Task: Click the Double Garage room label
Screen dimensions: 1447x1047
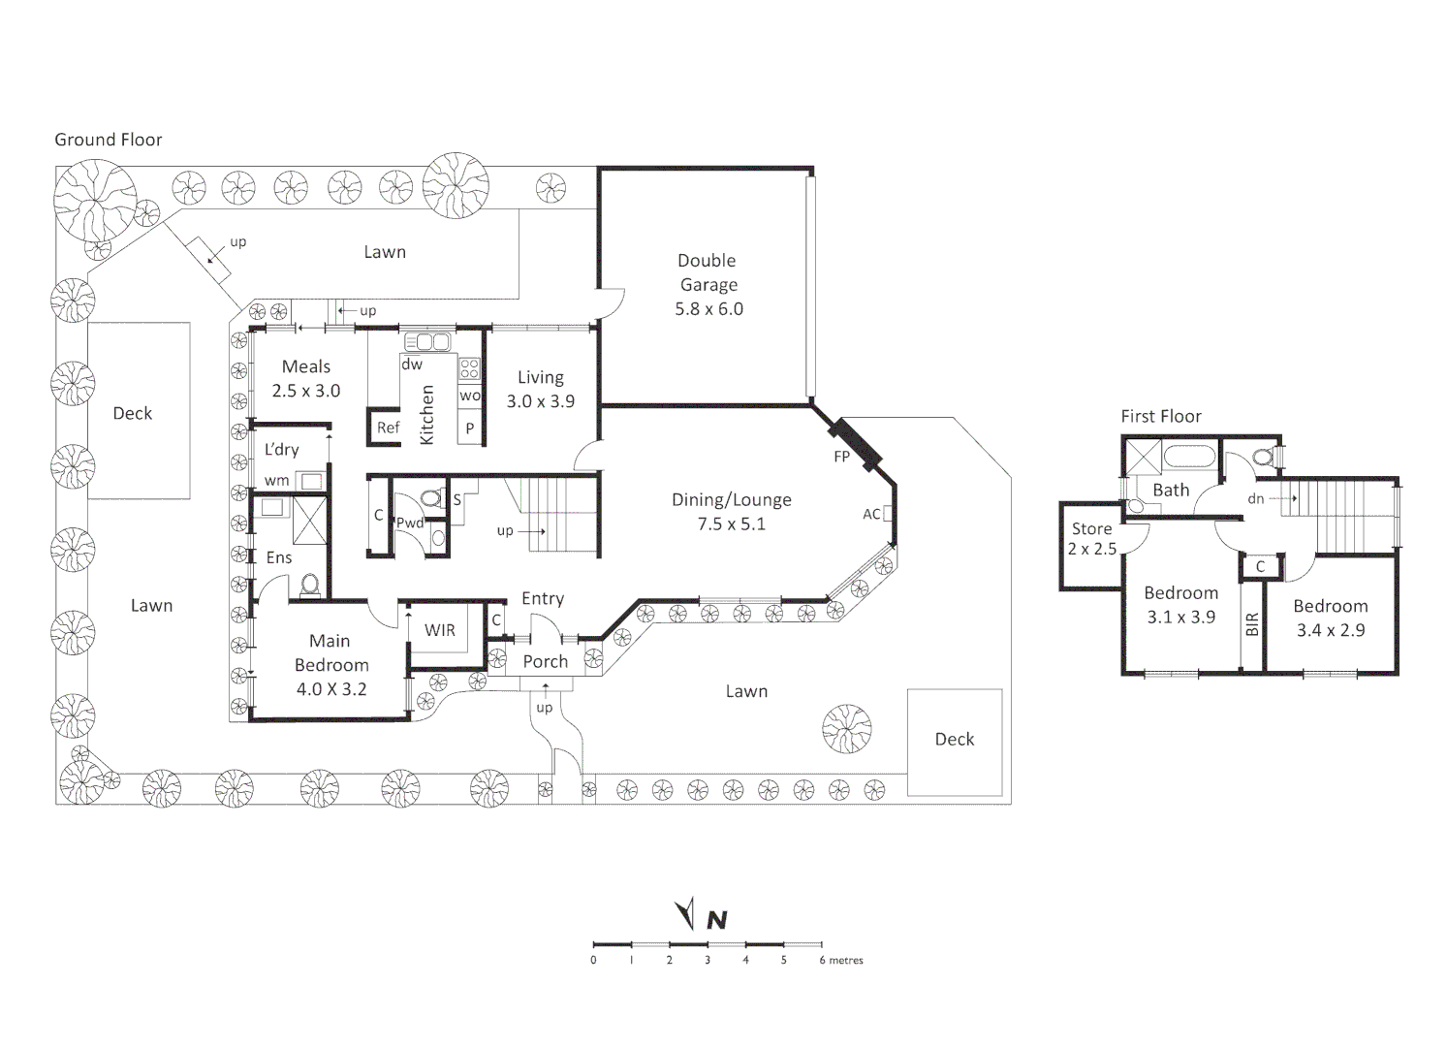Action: click(x=708, y=284)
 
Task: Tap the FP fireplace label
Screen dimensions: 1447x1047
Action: click(x=841, y=457)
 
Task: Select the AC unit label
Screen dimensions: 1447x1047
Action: click(x=870, y=514)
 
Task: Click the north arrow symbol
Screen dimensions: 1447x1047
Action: click(x=686, y=913)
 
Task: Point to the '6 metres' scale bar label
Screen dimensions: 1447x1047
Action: click(x=841, y=961)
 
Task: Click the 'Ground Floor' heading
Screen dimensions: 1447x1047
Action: click(x=108, y=140)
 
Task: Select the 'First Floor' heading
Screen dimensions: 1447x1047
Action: click(x=1161, y=416)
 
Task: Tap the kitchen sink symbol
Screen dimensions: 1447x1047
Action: click(x=427, y=341)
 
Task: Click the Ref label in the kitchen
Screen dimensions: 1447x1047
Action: click(x=389, y=428)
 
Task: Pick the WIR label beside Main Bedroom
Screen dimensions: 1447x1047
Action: click(x=439, y=630)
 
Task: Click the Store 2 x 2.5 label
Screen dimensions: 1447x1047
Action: click(x=1091, y=538)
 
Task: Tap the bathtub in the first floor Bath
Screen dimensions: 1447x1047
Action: click(x=1189, y=457)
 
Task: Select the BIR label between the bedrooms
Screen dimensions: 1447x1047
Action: click(x=1252, y=623)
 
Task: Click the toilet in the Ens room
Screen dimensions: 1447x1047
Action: click(x=310, y=585)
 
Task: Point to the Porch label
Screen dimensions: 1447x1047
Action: click(x=546, y=662)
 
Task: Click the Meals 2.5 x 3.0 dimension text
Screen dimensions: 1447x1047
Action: click(x=306, y=391)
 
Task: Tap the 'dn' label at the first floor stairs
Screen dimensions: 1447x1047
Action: click(x=1255, y=498)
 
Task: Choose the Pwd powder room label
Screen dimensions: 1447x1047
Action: click(x=410, y=523)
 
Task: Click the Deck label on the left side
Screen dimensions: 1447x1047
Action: click(x=133, y=414)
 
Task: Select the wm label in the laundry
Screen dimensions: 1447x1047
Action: click(x=276, y=481)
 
